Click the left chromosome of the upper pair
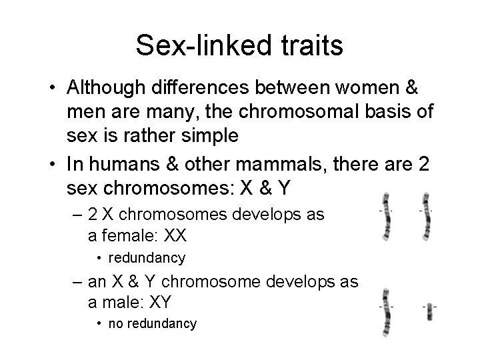pos(385,216)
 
